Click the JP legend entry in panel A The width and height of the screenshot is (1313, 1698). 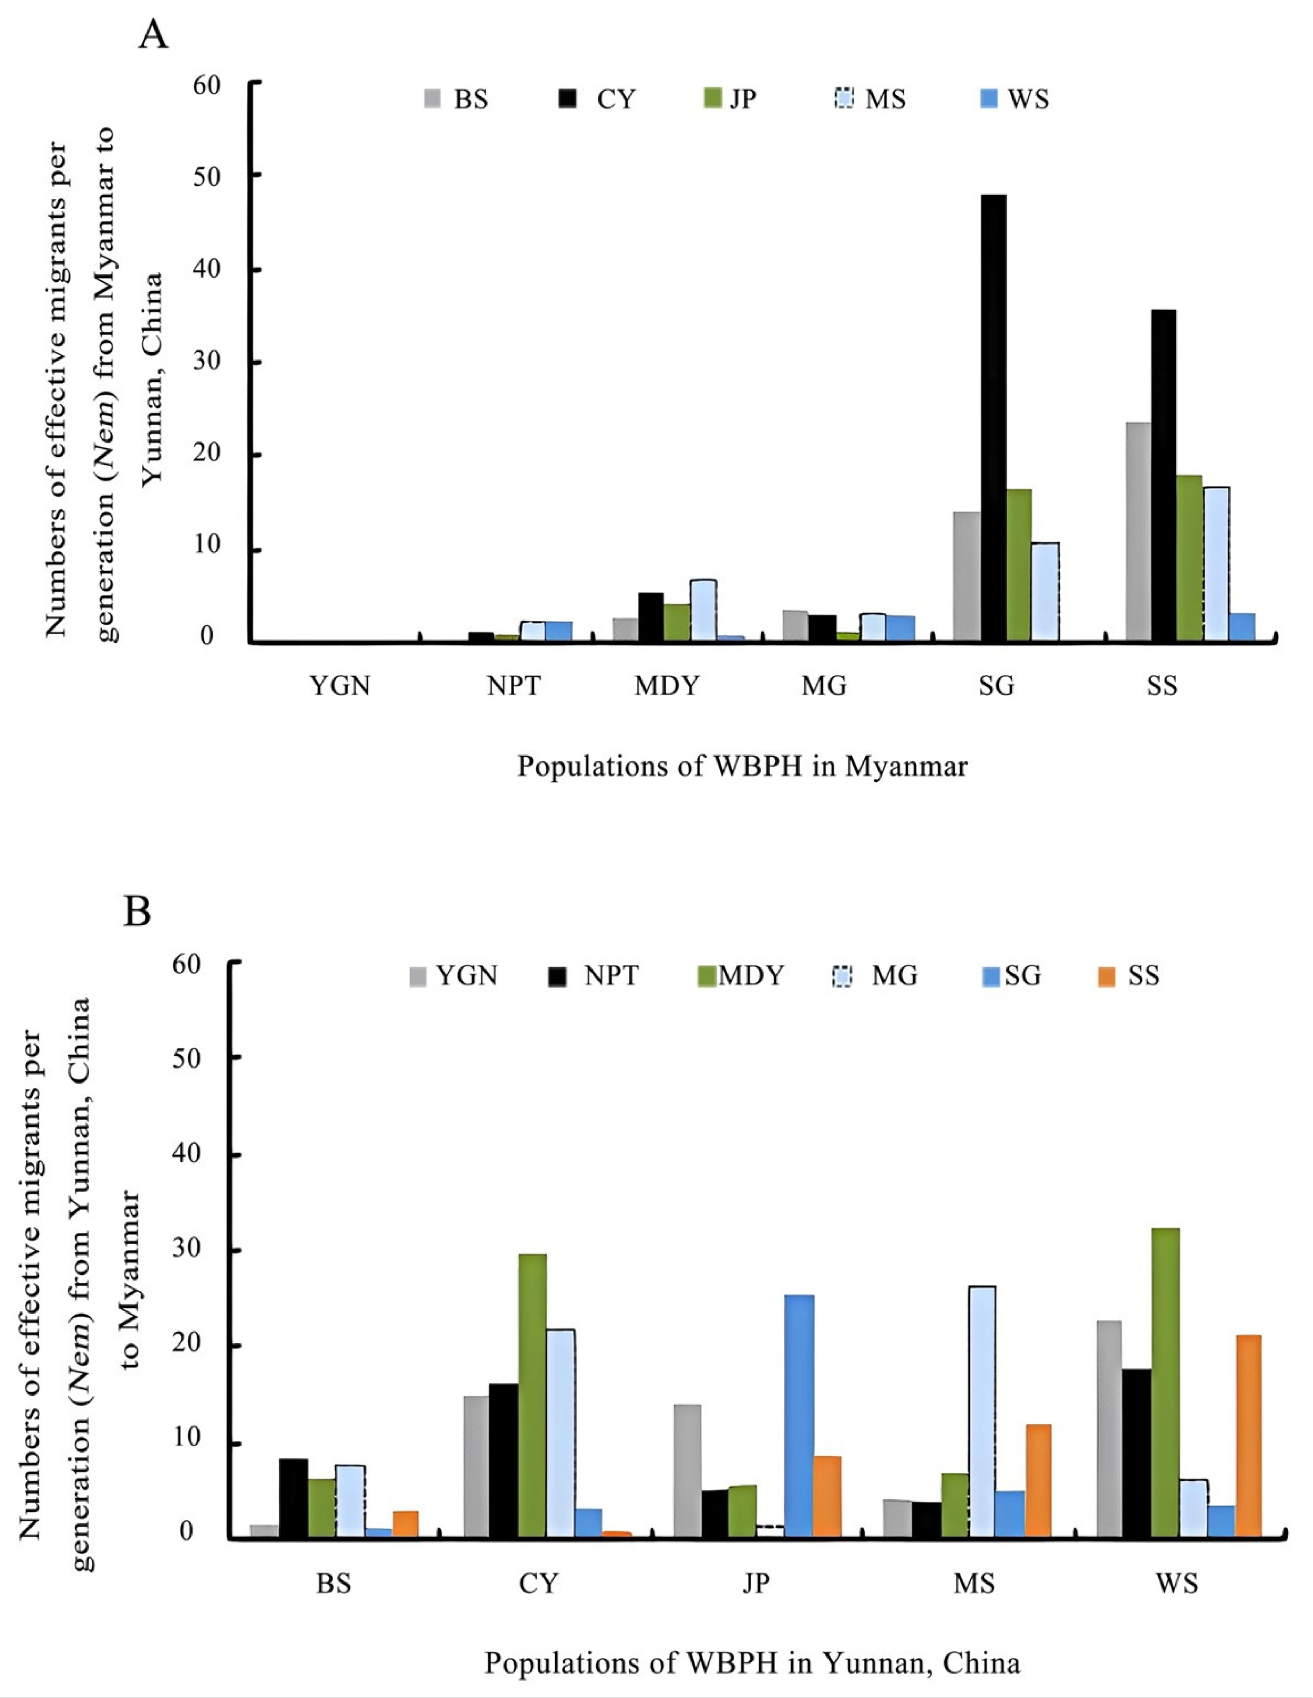tap(730, 100)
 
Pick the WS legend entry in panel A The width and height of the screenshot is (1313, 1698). tap(1015, 100)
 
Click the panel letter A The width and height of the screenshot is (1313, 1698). tap(153, 35)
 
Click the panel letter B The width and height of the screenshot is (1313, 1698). tap(137, 911)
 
